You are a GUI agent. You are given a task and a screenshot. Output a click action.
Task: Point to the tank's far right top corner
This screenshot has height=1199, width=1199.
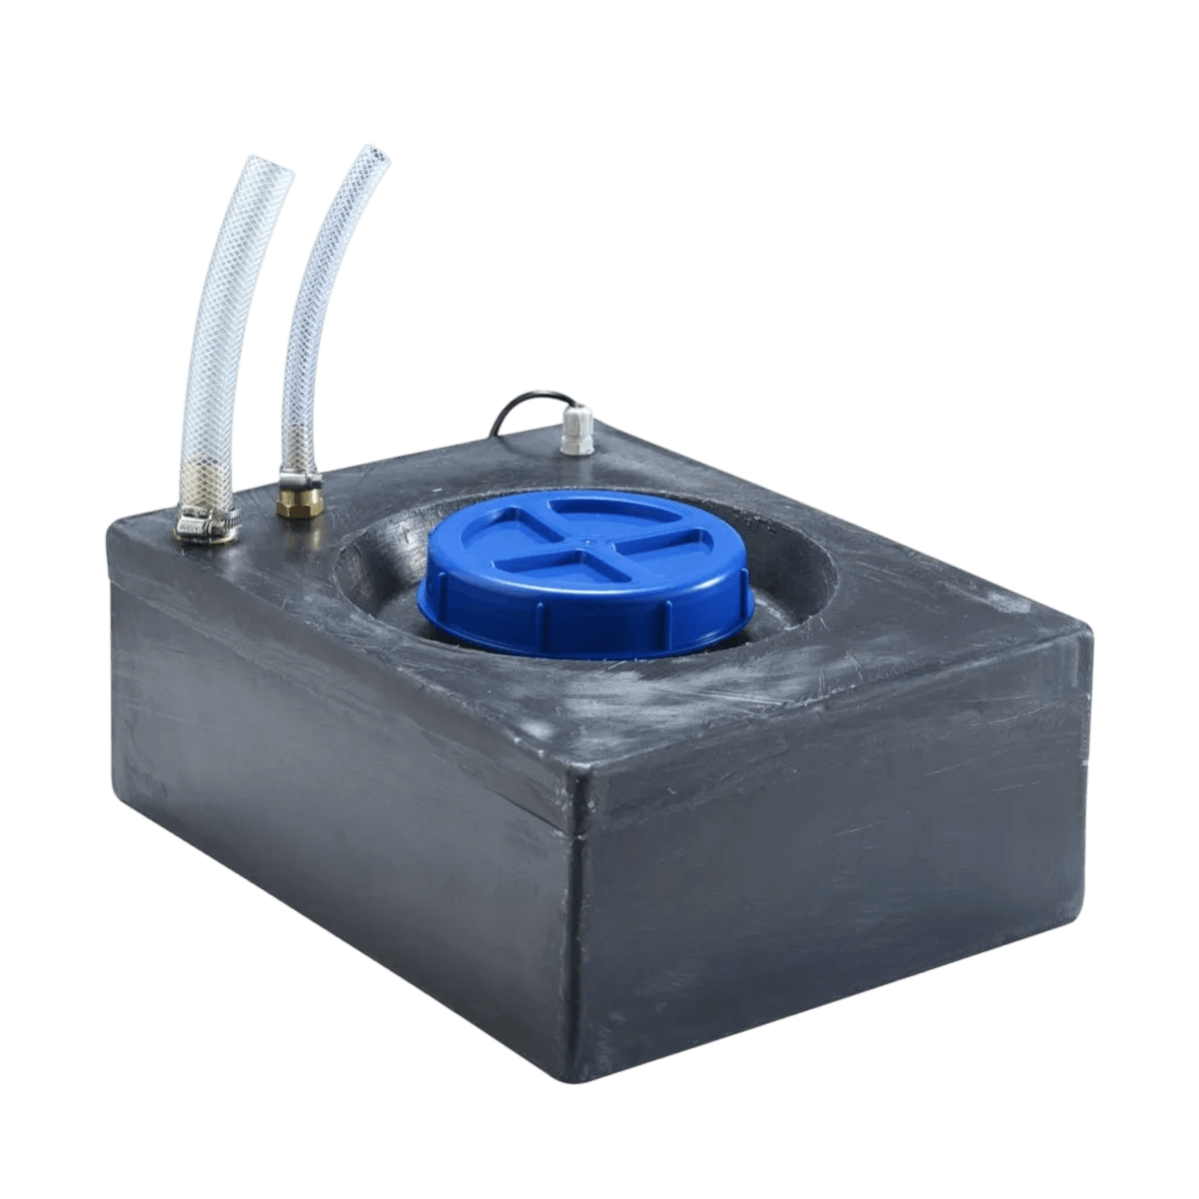click(1089, 624)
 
